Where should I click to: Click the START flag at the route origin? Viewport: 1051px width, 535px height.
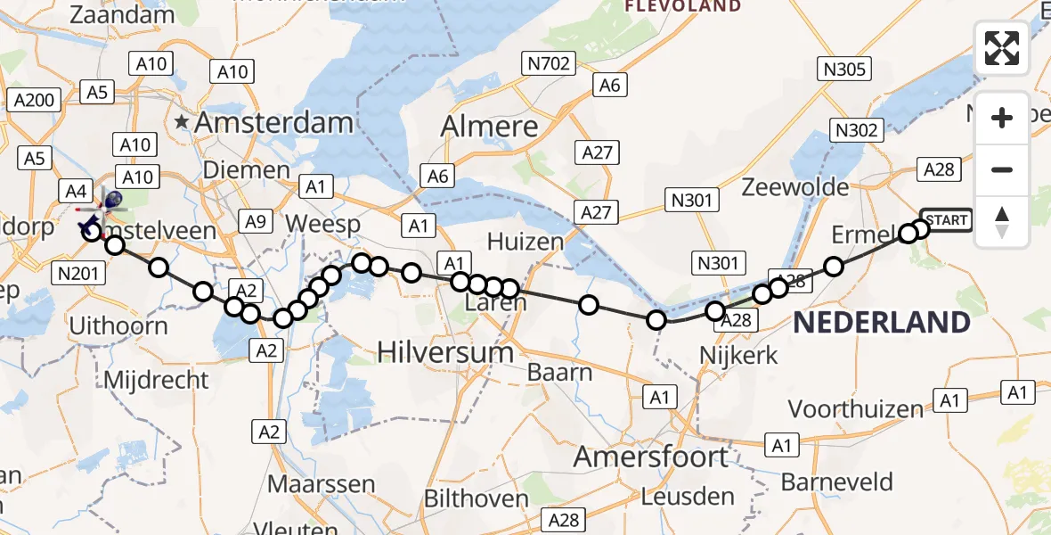tap(945, 220)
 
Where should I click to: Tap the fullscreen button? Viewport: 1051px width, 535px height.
tap(1002, 48)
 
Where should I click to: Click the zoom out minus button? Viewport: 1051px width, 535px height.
tap(1002, 169)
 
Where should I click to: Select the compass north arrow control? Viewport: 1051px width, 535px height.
tap(1002, 222)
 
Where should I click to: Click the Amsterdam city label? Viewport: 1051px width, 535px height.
tap(273, 123)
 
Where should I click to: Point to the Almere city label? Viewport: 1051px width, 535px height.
tap(490, 127)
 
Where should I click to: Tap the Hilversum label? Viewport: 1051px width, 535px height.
tap(445, 352)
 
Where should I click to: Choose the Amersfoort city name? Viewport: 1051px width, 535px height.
tap(651, 457)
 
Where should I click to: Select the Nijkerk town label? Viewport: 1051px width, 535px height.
tap(738, 356)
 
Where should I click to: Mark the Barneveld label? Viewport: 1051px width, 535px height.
tap(836, 482)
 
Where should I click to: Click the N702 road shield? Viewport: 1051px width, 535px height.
tap(547, 63)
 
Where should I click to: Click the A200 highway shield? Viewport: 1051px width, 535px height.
tap(35, 100)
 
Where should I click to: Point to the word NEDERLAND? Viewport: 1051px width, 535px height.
tap(881, 323)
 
